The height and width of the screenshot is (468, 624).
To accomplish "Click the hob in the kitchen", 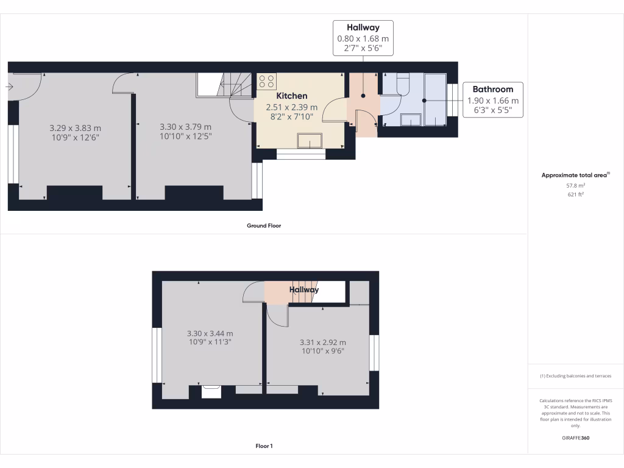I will (266, 81).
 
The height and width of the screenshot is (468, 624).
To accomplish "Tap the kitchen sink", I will (310, 141).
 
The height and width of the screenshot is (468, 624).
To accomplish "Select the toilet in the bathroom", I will (403, 84).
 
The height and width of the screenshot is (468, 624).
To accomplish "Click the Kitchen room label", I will (292, 96).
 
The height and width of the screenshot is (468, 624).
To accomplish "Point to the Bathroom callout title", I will (493, 89).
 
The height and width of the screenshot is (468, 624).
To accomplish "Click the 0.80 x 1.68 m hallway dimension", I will (363, 38).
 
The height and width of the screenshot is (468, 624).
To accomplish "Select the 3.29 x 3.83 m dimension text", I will (75, 128).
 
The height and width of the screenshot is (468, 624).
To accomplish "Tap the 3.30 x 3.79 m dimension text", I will (185, 127).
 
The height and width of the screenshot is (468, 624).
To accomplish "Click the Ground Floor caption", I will (263, 225).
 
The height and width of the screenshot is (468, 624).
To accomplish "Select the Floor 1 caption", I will (264, 446).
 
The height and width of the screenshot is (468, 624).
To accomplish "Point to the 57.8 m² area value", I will (576, 185).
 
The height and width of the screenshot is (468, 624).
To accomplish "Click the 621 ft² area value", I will (576, 194).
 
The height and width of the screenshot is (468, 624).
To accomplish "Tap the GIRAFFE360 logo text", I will (576, 438).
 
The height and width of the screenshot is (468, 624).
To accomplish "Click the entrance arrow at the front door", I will (10, 87).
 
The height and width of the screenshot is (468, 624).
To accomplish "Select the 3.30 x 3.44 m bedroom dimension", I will (210, 333).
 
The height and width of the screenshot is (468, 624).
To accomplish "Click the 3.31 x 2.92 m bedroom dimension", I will (322, 342).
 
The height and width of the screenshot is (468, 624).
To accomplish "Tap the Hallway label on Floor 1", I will (304, 290).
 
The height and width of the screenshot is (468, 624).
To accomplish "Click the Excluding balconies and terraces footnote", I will (576, 376).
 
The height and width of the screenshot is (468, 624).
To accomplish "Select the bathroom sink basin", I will (411, 120).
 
